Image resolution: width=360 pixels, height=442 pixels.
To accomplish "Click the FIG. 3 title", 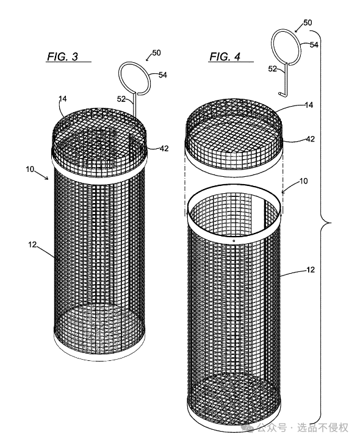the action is [x=62, y=56].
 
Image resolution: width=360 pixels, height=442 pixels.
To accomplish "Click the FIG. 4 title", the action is [x=225, y=56].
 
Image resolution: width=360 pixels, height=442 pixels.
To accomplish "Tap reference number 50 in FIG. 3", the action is [x=156, y=52].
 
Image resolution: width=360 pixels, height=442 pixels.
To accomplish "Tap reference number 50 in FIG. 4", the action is [x=308, y=23].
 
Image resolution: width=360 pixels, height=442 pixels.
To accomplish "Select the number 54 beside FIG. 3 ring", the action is [x=163, y=75].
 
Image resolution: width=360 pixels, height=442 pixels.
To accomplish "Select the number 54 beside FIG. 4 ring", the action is [x=314, y=45].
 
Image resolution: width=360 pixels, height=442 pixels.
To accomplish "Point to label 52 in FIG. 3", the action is [x=121, y=99].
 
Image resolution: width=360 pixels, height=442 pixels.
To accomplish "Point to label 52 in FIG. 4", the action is [x=272, y=68].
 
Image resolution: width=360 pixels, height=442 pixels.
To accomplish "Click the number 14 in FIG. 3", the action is [x=63, y=99].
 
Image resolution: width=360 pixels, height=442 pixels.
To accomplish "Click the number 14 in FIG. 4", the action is [x=309, y=105].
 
